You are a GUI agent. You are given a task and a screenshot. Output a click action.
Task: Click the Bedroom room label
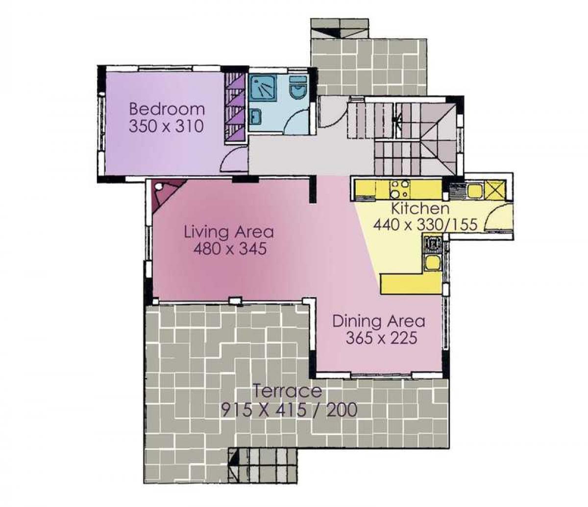[167, 109]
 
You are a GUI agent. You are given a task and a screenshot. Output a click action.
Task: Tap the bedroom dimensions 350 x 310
[167, 126]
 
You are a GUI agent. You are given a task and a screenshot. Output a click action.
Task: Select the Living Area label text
[229, 231]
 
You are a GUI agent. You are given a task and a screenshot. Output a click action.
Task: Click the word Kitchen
[420, 208]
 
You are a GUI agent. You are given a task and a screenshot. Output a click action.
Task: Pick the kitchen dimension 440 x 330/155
[425, 225]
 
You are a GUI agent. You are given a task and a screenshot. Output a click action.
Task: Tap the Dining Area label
[379, 321]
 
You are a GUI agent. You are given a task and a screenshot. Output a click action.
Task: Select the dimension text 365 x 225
[381, 338]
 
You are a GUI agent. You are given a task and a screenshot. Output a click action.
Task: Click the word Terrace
[287, 391]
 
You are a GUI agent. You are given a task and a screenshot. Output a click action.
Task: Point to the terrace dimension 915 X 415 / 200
[289, 410]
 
